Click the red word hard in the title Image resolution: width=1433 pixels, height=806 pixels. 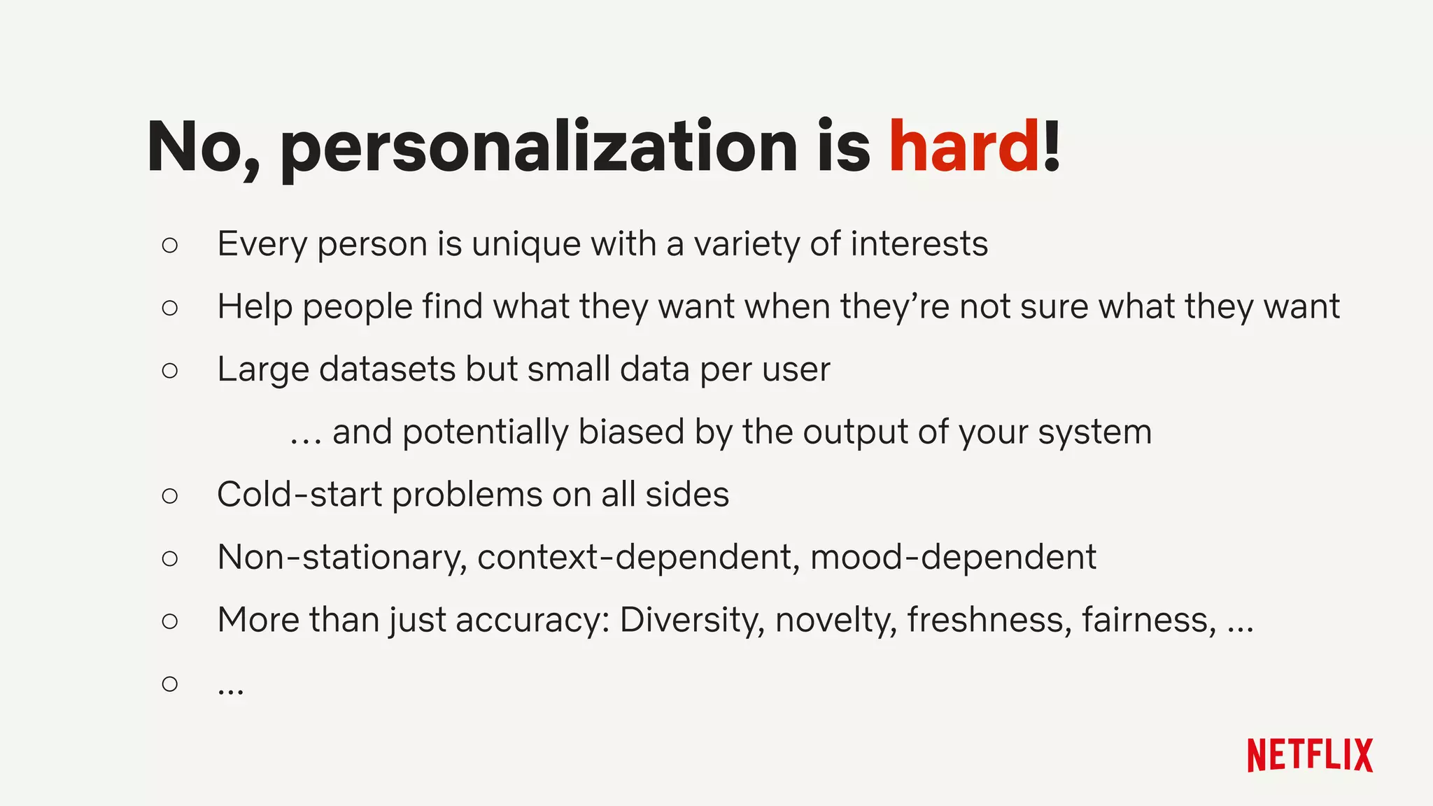coord(963,146)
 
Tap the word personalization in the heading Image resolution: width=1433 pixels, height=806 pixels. coord(539,148)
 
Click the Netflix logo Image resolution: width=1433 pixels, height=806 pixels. coord(1310,755)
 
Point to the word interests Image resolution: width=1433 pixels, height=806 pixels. coord(919,244)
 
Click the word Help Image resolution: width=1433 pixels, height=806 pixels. coord(255,307)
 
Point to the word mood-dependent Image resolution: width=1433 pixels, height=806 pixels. coord(953,558)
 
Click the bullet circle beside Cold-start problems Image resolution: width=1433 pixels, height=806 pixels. coord(170,496)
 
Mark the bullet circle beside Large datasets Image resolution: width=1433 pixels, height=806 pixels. coord(170,370)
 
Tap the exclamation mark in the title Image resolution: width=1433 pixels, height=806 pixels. coord(1052,146)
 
